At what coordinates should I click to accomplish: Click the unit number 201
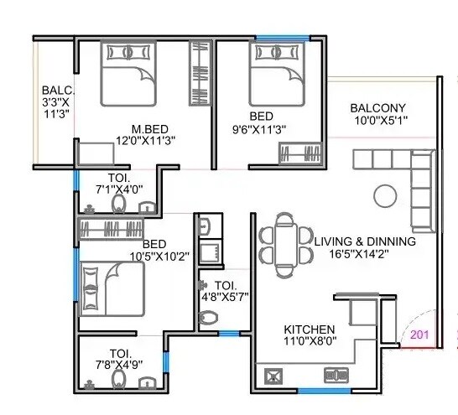(420, 336)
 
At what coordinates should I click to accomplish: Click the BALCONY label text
(378, 107)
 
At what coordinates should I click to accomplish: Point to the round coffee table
(385, 195)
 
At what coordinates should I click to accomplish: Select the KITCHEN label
(310, 329)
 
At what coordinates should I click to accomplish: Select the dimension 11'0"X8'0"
(310, 342)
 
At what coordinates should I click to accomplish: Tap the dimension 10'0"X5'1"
(378, 120)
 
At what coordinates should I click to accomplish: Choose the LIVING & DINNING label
(365, 241)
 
